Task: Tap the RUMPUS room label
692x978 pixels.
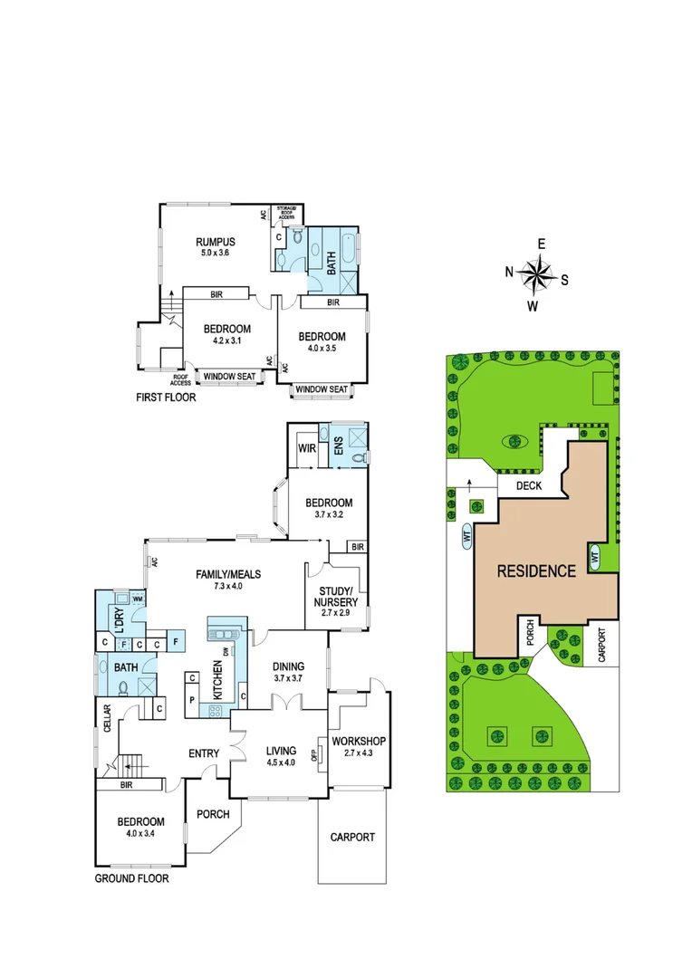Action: tap(216, 242)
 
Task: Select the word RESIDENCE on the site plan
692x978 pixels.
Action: tap(536, 571)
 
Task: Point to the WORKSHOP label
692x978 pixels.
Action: tap(360, 742)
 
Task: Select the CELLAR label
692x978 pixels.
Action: tap(107, 719)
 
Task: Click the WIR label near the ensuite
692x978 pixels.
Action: tap(305, 449)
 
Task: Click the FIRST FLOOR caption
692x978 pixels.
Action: tap(166, 397)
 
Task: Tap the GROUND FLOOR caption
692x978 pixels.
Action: tap(131, 878)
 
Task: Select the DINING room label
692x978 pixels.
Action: tap(293, 667)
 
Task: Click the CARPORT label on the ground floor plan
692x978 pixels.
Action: tap(351, 837)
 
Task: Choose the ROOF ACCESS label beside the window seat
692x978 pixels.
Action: tap(181, 379)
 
